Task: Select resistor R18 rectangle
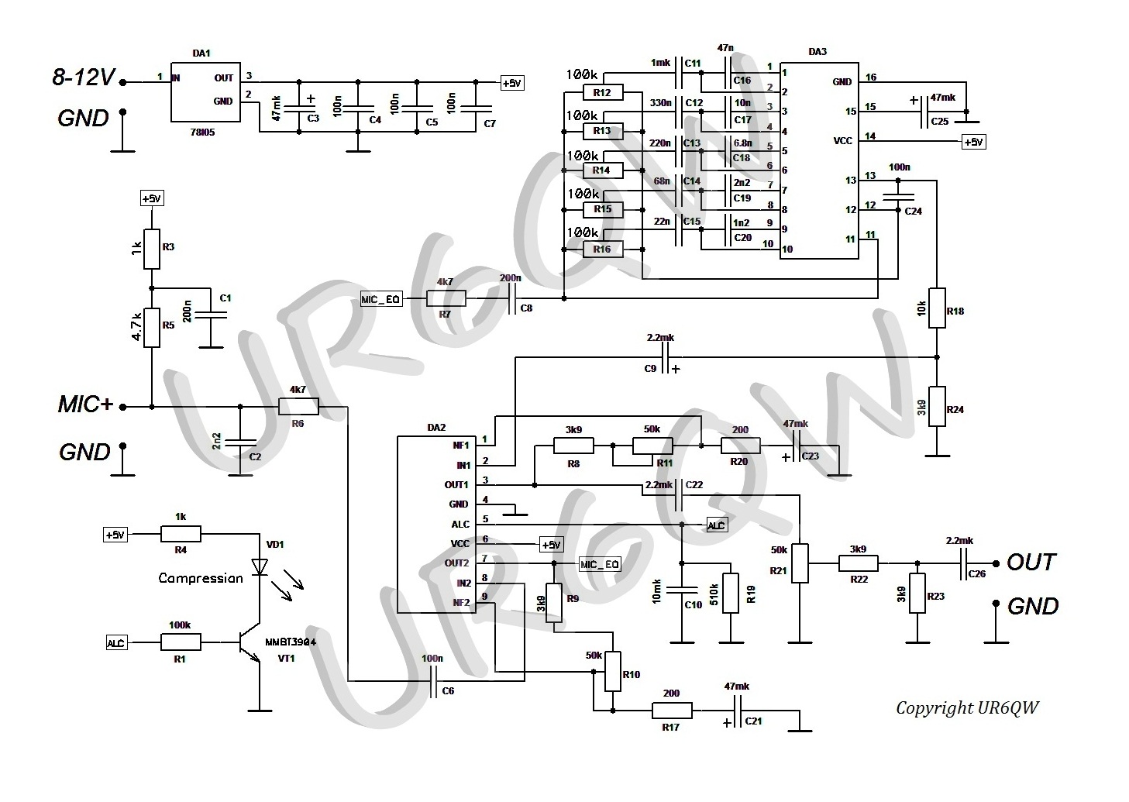point(937,308)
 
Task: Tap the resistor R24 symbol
point(937,406)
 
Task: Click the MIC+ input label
point(85,404)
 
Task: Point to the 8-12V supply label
point(84,77)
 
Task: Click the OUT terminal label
point(1031,562)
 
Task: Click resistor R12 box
point(603,93)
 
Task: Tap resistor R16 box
point(603,249)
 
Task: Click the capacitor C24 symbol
point(897,196)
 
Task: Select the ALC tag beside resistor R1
point(115,642)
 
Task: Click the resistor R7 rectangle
point(446,298)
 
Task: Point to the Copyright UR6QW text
point(967,707)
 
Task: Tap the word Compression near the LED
point(201,578)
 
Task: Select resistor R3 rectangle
point(152,249)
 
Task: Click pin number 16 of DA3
point(871,77)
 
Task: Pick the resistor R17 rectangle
point(672,711)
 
